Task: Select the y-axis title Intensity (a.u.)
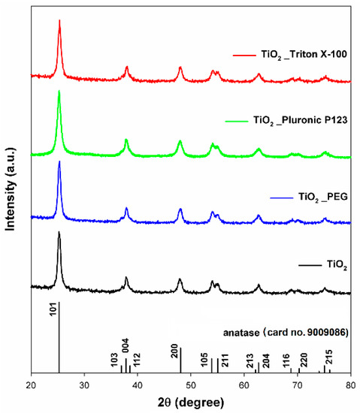click(11, 188)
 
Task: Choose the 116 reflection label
click(287, 360)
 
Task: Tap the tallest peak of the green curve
click(59, 92)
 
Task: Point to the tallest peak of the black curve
click(59, 233)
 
